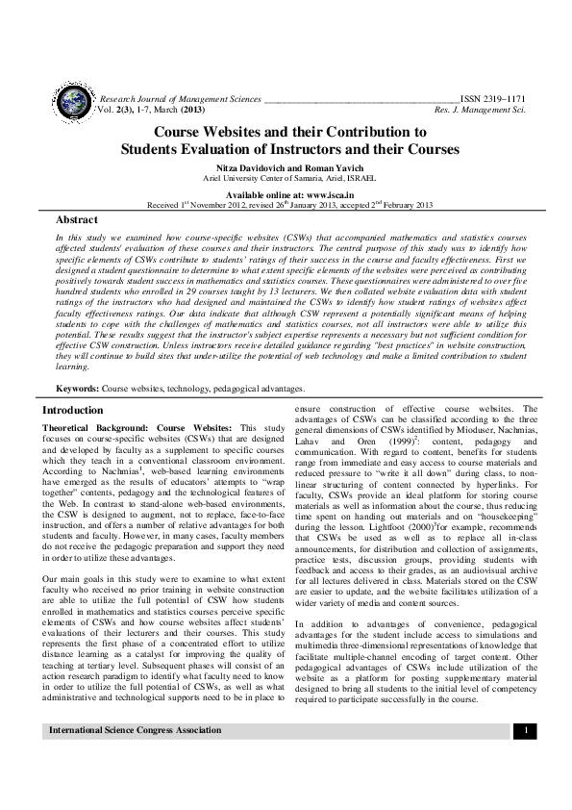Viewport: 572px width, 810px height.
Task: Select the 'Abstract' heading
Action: coord(77,220)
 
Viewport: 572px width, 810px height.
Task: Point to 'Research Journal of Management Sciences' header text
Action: coord(178,99)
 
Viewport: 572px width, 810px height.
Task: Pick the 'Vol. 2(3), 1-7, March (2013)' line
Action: coord(158,111)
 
